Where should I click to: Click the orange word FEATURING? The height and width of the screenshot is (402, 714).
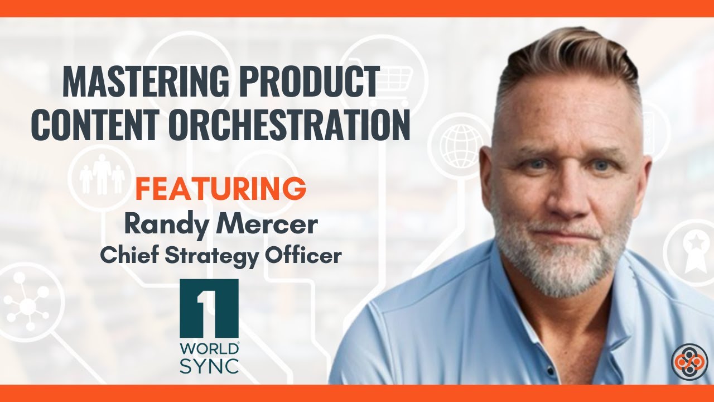point(220,190)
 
